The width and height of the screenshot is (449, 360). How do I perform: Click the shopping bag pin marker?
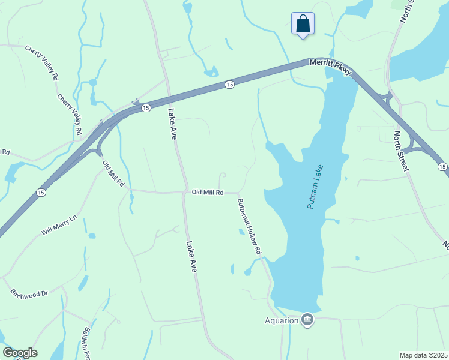303,25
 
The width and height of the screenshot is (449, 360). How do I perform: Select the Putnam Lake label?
315,187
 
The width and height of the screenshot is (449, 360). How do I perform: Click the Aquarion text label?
282,320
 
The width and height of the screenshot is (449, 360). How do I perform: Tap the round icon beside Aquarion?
307,319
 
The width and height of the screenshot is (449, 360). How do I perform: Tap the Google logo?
20,353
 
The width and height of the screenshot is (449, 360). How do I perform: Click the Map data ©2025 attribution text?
423,355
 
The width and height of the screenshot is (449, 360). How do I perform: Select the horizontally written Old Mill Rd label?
208,193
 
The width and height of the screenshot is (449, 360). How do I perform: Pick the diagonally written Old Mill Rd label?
113,173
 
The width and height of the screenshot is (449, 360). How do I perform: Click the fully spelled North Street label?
402,151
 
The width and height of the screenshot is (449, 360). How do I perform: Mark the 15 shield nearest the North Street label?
442,166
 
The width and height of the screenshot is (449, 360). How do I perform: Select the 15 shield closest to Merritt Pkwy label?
229,85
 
